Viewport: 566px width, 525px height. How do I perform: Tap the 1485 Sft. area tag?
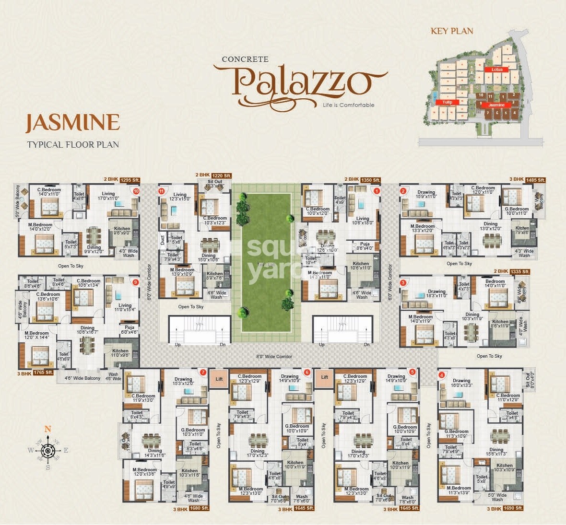[536, 180]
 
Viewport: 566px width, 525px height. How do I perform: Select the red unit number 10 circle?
[136, 191]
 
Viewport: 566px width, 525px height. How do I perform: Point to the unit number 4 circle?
[442, 375]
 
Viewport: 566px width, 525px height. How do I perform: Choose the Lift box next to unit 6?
[325, 377]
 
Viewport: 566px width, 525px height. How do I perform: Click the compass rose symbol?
[47, 450]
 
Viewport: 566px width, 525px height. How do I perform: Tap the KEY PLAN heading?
[452, 31]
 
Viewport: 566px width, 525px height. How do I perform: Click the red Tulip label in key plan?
[447, 102]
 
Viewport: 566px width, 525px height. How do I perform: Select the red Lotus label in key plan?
[496, 70]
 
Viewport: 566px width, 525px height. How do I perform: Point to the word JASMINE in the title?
[72, 122]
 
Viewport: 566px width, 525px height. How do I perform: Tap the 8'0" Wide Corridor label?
[275, 356]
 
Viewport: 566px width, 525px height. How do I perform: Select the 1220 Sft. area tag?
[222, 176]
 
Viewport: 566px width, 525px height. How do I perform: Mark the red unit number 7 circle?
[203, 372]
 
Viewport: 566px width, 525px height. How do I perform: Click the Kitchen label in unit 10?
[122, 229]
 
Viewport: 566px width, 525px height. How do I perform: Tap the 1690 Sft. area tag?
[511, 508]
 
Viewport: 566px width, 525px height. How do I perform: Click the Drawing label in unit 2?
[426, 193]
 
